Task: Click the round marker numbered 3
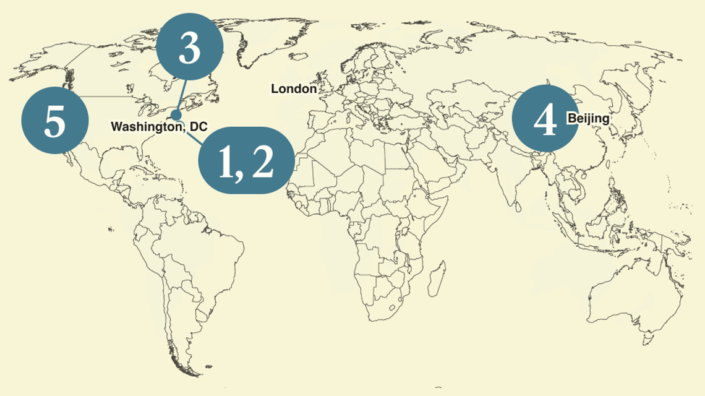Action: (189, 48)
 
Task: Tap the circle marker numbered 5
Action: (54, 121)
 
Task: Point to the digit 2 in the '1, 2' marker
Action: (262, 161)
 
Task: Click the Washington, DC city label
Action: (158, 127)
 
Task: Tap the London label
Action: (294, 89)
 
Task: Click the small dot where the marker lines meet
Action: (176, 115)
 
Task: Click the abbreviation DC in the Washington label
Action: (199, 127)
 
